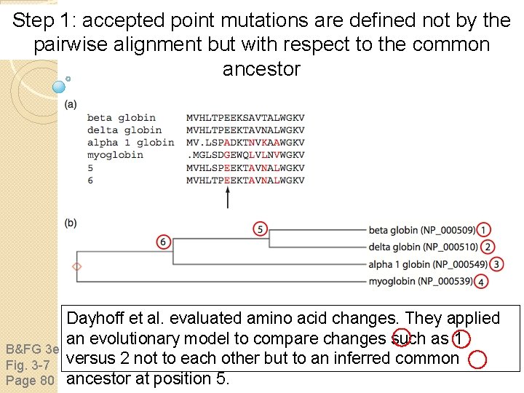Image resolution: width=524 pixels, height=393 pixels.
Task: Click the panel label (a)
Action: (x=71, y=104)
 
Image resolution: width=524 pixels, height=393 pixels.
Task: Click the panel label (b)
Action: (x=71, y=223)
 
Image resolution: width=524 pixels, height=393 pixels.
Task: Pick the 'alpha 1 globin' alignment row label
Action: (x=130, y=143)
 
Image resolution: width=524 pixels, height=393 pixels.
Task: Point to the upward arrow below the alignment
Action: (x=228, y=196)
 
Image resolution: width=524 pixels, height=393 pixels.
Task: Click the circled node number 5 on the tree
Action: (x=261, y=229)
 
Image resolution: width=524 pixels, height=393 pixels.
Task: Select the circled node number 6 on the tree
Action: (x=164, y=242)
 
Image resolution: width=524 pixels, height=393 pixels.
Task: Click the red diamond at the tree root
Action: (x=77, y=266)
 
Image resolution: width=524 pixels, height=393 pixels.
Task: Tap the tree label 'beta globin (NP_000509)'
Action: (x=422, y=231)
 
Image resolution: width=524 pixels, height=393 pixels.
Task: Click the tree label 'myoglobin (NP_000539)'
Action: (x=422, y=282)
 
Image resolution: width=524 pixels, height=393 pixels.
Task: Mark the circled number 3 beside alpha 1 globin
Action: (x=497, y=264)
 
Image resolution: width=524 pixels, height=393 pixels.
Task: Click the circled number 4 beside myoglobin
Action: (x=482, y=282)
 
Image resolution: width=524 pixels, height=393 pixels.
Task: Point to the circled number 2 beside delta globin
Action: (x=488, y=247)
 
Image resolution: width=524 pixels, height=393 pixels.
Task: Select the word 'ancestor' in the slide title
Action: (x=261, y=69)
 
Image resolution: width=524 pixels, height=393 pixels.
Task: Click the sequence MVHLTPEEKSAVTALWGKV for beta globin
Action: (x=245, y=118)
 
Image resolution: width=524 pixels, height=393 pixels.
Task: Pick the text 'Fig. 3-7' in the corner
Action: (x=28, y=363)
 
